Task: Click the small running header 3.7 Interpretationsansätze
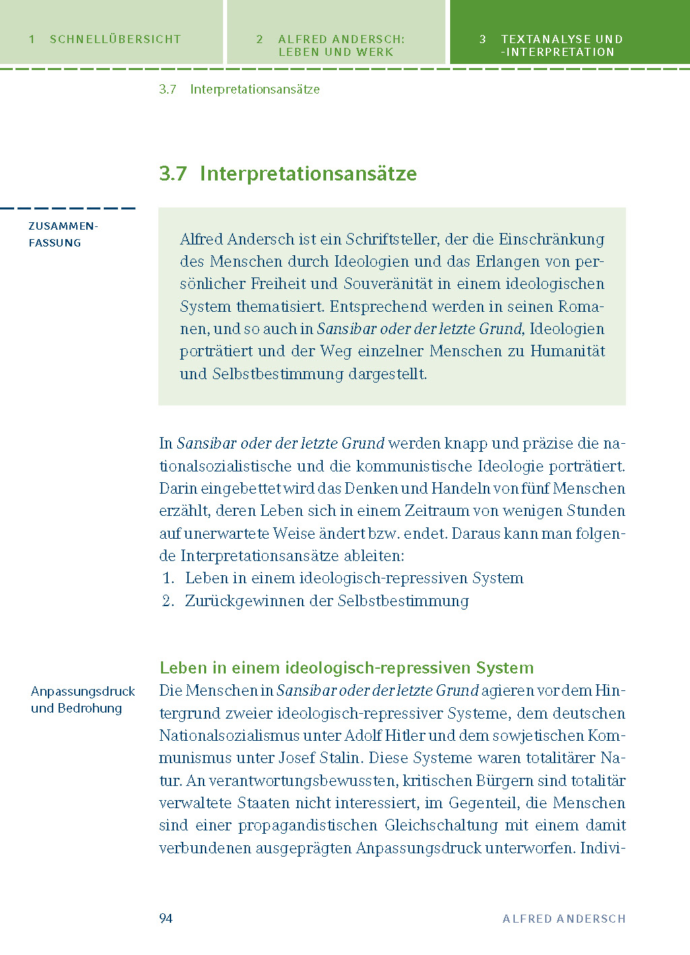(239, 90)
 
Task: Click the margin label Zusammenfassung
(63, 234)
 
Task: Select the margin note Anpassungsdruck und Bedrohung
(82, 700)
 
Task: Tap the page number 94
(166, 919)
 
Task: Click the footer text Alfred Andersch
(564, 919)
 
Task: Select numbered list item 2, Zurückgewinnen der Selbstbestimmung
(327, 601)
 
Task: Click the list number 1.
(168, 579)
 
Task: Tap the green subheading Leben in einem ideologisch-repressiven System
(346, 668)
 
